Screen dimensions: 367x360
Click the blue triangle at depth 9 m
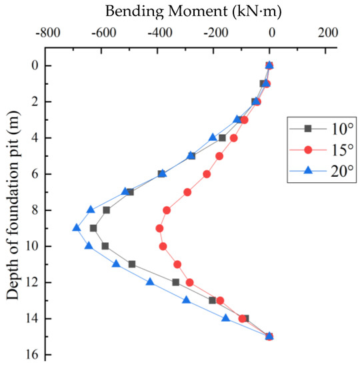pos(77,228)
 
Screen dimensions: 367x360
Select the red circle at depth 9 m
pos(159,228)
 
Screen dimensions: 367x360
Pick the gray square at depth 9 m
pos(93,228)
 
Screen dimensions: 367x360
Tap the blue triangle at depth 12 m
pos(150,282)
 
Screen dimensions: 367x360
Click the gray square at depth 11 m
pos(132,264)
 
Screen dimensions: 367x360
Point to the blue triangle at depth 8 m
pos(91,210)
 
